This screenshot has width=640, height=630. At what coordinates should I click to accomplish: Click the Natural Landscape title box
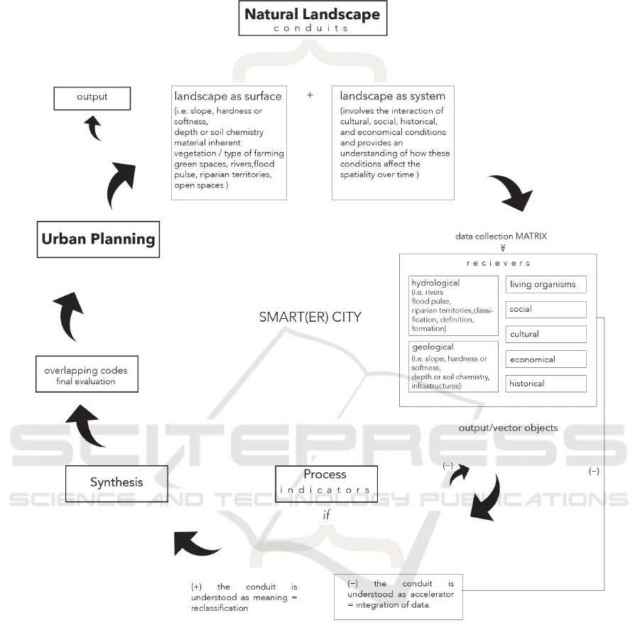(x=312, y=19)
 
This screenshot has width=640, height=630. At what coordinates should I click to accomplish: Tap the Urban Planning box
(x=98, y=239)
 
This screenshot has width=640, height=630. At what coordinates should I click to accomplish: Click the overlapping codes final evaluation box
(x=87, y=376)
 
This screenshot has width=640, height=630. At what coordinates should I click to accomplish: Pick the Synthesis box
(x=116, y=482)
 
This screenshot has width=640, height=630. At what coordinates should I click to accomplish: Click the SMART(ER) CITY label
(x=310, y=317)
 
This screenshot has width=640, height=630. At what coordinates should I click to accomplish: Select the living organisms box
(x=546, y=285)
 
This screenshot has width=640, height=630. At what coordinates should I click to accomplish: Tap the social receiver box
(x=546, y=310)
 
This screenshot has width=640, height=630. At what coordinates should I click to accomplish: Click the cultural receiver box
(x=546, y=334)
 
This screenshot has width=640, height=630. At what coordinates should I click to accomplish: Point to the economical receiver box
(x=546, y=359)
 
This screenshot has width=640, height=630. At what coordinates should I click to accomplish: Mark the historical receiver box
(x=546, y=384)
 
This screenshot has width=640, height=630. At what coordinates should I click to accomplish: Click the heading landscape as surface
(x=227, y=96)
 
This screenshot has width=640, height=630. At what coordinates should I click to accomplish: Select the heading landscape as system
(x=392, y=96)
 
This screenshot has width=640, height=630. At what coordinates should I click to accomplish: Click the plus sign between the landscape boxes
(x=310, y=94)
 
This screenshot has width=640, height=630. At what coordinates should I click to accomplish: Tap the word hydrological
(x=435, y=283)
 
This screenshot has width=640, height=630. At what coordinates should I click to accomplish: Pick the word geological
(x=433, y=348)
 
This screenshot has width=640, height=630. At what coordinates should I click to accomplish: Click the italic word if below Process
(x=326, y=514)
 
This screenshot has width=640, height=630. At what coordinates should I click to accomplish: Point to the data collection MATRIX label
(x=501, y=236)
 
